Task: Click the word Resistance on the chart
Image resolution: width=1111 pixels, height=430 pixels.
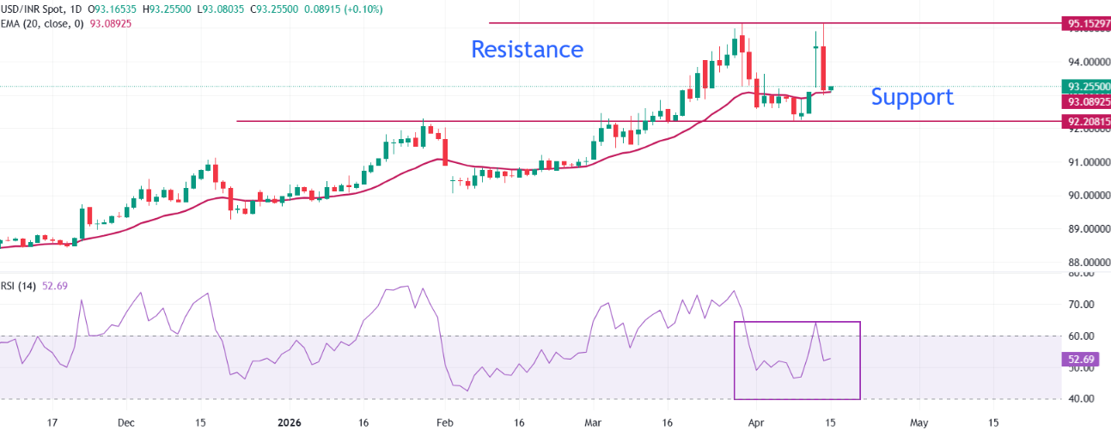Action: pos(527,49)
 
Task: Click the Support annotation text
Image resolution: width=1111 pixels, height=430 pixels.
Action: pos(912,97)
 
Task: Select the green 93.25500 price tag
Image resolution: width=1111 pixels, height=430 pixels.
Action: pos(1087,87)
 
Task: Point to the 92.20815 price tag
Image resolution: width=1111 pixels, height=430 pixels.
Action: pos(1087,122)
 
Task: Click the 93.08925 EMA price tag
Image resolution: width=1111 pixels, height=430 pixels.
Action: pos(1087,100)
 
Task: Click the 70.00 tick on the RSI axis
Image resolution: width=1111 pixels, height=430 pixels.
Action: pos(1079,305)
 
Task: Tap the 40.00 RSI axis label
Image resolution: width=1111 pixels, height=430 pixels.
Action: pos(1079,399)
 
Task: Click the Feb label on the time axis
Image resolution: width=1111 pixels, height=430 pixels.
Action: pos(444,422)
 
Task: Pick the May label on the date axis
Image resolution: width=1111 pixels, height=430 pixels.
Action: pos(919,422)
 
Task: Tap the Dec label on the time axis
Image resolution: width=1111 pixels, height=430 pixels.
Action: pos(125,422)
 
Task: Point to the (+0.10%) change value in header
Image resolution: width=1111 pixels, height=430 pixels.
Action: pos(363,9)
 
